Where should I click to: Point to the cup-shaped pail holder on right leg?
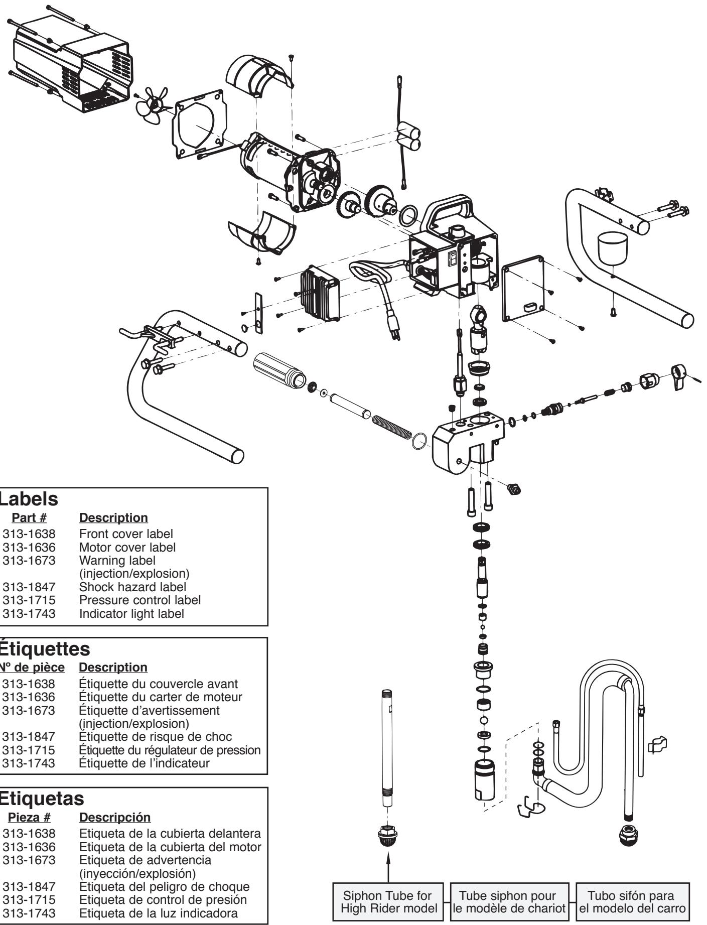[x=613, y=251]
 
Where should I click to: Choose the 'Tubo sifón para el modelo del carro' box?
[x=631, y=902]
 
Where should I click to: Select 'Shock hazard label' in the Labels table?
[x=132, y=586]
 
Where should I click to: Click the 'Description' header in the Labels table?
[x=113, y=517]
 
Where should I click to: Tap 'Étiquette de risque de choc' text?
[x=156, y=736]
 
